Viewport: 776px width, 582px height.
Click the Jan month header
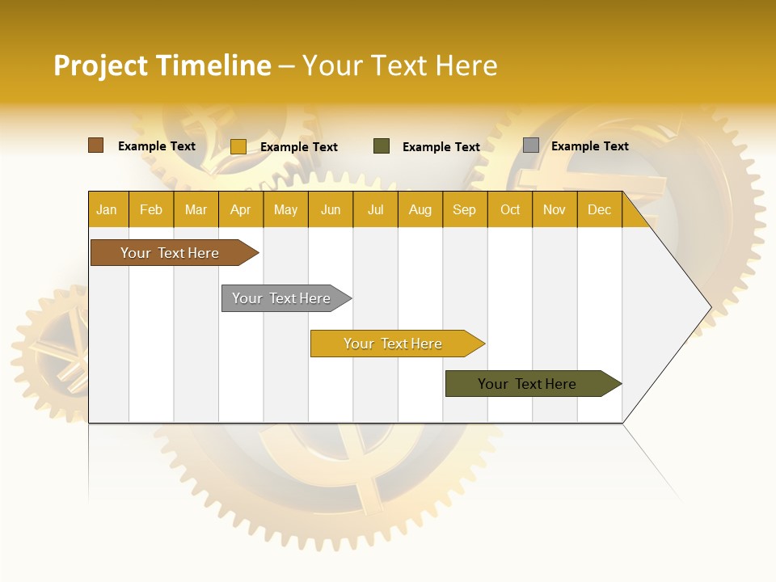point(107,209)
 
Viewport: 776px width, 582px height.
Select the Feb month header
point(151,209)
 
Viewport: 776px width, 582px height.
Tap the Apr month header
point(241,209)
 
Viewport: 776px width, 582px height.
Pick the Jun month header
point(331,209)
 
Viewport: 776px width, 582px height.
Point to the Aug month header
point(420,209)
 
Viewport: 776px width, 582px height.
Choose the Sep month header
point(465,209)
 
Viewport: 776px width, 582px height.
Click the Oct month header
point(510,209)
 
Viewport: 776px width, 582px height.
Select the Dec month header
point(600,209)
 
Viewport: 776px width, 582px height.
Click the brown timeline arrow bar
point(171,253)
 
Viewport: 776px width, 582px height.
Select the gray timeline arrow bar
point(282,298)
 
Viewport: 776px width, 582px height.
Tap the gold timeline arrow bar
point(394,344)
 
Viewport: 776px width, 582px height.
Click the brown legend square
point(96,145)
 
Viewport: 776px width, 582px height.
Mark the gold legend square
point(238,146)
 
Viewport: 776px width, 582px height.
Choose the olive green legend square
point(382,146)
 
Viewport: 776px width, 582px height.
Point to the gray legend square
point(531,145)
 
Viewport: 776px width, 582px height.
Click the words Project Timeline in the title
point(162,65)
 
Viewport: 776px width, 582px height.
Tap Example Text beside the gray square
point(590,146)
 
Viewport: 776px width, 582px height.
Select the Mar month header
point(196,209)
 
